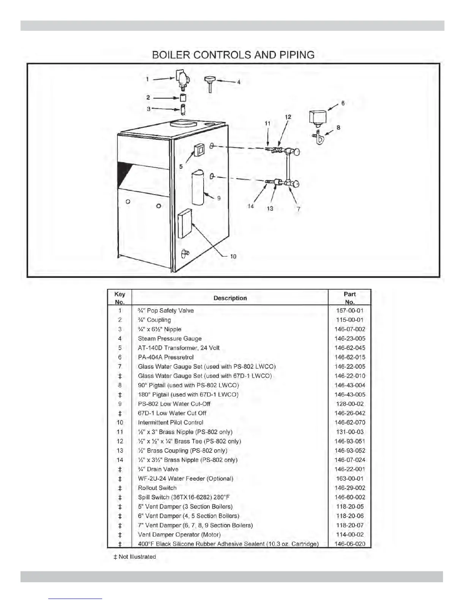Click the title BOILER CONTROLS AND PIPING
coord(233,55)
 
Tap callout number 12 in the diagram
coord(288,117)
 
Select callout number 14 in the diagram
coord(251,206)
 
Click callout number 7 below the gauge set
coord(299,209)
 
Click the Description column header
coord(230,298)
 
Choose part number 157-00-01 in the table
coord(350,311)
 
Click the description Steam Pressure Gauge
coord(169,339)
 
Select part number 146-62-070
coord(350,422)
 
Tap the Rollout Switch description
coord(157,488)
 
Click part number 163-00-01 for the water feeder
coord(350,478)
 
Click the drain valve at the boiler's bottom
coord(185,253)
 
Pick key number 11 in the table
coord(120,432)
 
